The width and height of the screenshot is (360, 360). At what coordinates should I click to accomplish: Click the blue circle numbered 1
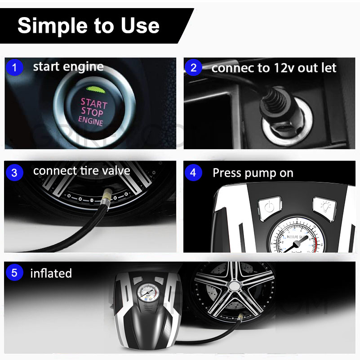[14, 68]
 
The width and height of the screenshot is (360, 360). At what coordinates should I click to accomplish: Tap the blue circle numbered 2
[194, 68]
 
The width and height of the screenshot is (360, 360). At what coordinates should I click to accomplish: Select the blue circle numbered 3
[14, 173]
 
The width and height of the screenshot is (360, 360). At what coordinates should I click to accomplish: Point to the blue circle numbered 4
[194, 173]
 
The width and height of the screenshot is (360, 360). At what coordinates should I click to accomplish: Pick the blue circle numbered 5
[14, 273]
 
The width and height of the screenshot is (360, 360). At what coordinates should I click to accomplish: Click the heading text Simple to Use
[88, 26]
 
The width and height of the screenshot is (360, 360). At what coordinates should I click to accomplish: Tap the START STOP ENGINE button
[93, 111]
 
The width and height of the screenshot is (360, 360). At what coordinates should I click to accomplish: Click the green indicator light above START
[94, 89]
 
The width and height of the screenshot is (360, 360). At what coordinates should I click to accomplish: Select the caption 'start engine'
[68, 67]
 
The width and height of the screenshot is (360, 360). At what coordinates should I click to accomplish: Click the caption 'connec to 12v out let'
[274, 68]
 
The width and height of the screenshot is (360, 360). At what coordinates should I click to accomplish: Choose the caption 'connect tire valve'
[81, 171]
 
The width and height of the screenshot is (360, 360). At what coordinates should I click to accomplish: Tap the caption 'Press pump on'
[253, 173]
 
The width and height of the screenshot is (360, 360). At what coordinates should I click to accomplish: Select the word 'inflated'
[51, 273]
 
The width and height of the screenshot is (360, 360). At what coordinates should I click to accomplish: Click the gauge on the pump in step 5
[147, 295]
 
